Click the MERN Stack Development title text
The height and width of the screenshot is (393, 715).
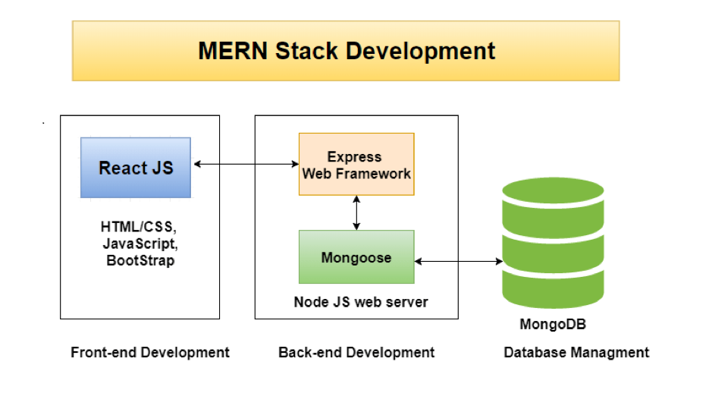pos(347,52)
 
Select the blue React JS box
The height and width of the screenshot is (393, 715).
pos(136,168)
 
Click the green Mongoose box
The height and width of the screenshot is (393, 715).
pos(356,257)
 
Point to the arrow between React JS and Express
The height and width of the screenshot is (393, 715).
pos(245,164)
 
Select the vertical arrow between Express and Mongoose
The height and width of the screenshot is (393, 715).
pos(356,214)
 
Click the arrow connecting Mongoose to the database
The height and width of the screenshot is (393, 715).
pos(459,261)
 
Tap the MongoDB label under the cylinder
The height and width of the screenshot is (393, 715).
pos(553,325)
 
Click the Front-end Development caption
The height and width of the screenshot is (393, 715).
pos(150,352)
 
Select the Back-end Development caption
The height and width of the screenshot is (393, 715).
pos(356,352)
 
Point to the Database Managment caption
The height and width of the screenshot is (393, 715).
pos(576,352)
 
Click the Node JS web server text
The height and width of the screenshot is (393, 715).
pos(361,302)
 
